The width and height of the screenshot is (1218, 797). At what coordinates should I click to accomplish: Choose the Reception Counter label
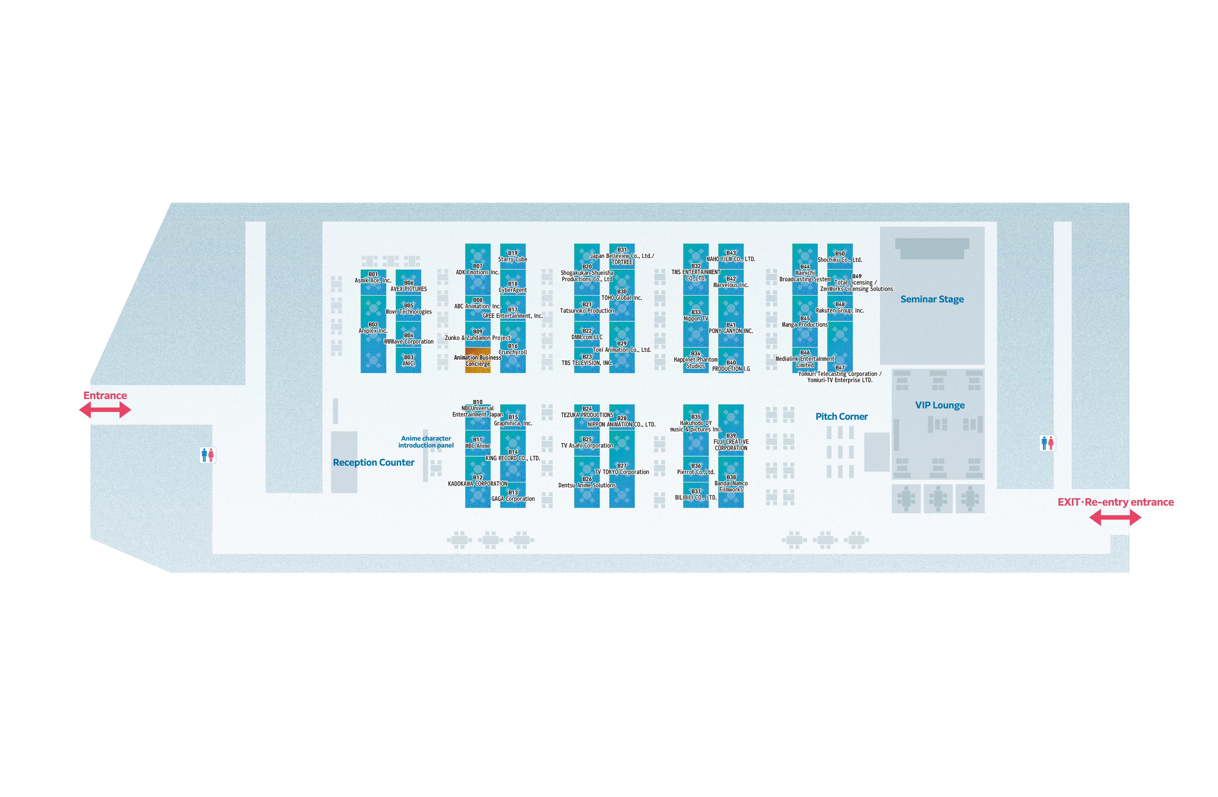pyautogui.click(x=374, y=463)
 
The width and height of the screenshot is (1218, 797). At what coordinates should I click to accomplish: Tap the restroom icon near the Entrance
pyautogui.click(x=208, y=455)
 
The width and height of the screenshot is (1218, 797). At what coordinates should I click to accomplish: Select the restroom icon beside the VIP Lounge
pyautogui.click(x=1048, y=443)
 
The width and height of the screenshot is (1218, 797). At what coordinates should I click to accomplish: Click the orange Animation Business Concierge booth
pyautogui.click(x=477, y=360)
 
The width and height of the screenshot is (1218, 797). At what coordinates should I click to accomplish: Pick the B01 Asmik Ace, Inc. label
pyautogui.click(x=373, y=277)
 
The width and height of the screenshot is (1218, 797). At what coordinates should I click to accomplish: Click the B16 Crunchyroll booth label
pyautogui.click(x=513, y=349)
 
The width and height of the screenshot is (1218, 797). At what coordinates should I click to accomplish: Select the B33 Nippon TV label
pyautogui.click(x=696, y=315)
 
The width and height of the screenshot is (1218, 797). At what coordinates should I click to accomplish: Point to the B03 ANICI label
pyautogui.click(x=408, y=360)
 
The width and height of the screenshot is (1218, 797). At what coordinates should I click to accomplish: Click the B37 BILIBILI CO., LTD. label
pyautogui.click(x=696, y=494)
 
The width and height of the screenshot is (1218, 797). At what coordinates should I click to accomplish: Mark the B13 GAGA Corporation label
pyautogui.click(x=513, y=495)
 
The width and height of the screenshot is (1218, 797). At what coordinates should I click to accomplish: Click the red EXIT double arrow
pyautogui.click(x=1115, y=518)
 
